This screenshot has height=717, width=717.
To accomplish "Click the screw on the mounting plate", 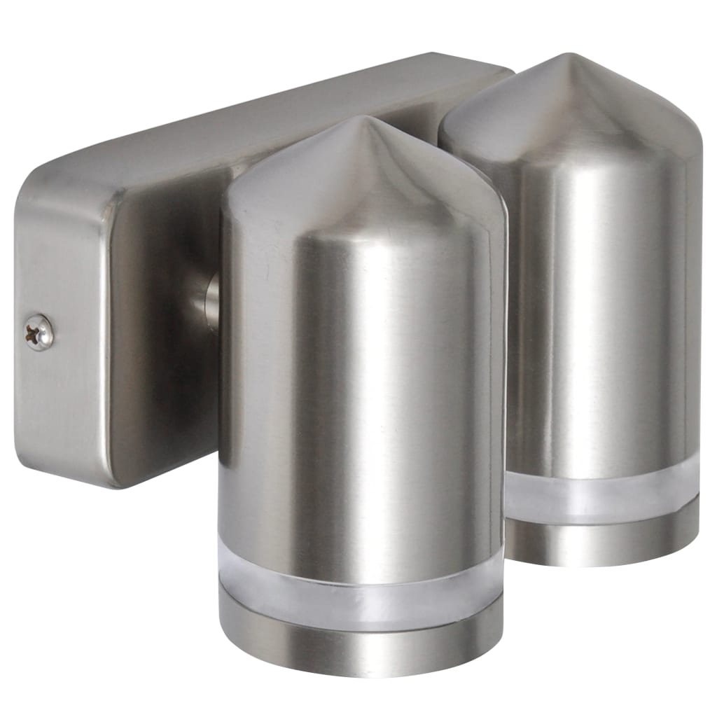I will click(x=39, y=332).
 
